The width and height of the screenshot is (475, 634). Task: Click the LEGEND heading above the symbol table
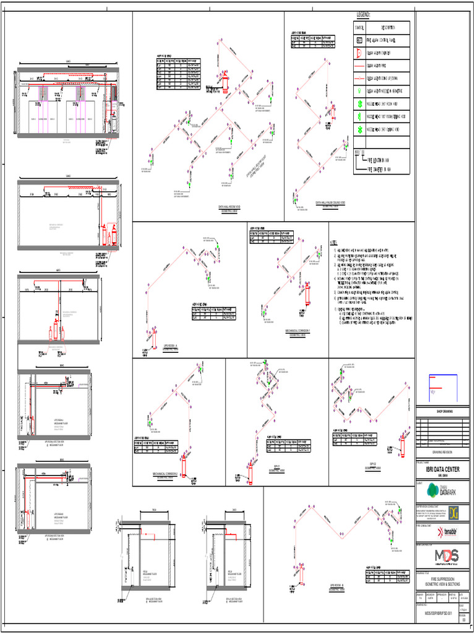363,14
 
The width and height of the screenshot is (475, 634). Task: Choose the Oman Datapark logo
445,491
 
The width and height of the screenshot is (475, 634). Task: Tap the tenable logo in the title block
449,531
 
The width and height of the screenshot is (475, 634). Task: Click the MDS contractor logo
445,554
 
